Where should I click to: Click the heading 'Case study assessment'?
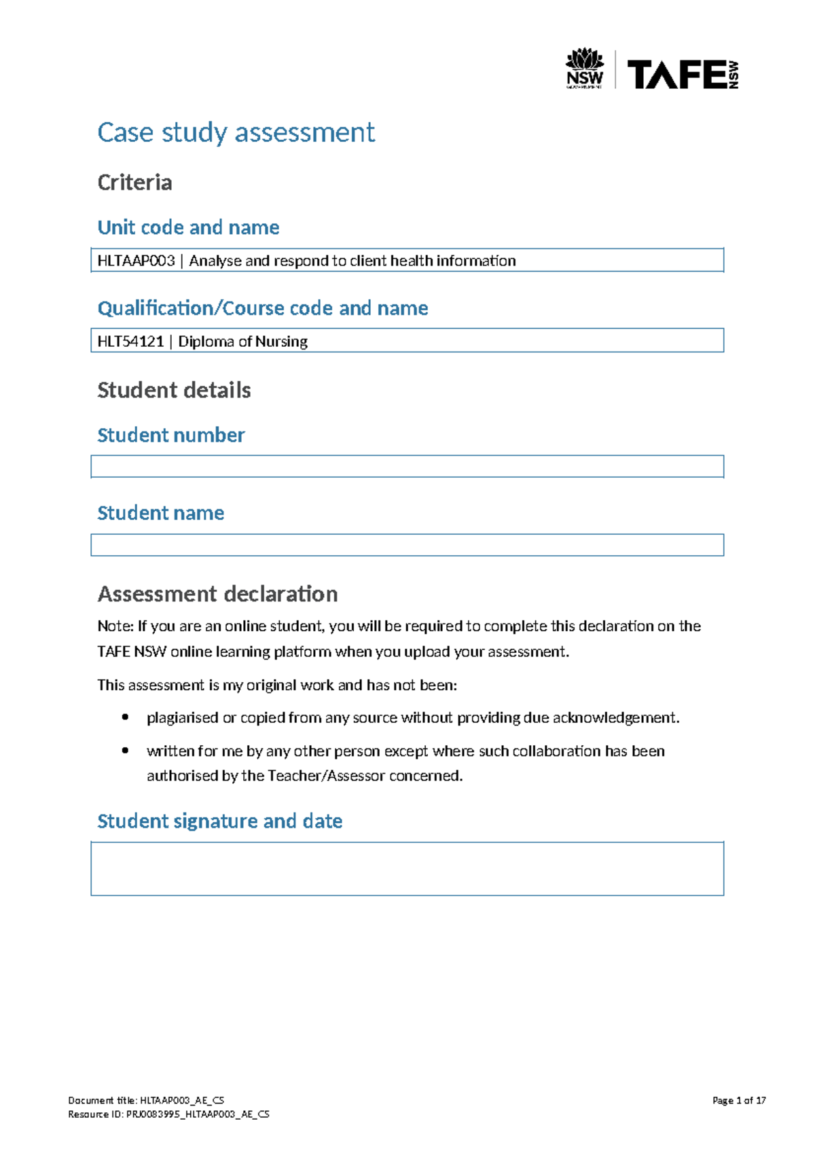coord(236,132)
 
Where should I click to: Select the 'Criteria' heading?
coord(134,183)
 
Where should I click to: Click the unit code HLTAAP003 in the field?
coord(136,261)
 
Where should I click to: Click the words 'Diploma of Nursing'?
coord(242,341)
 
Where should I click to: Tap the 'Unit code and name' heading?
coord(188,227)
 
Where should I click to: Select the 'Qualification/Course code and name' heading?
coord(262,308)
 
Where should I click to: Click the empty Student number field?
coord(407,466)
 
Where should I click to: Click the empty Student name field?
coord(407,545)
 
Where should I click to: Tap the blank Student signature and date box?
coord(407,869)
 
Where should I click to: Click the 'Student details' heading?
coord(174,390)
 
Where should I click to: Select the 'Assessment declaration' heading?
coord(217,594)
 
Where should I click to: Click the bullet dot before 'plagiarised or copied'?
coord(125,717)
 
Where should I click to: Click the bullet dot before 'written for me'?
coord(125,750)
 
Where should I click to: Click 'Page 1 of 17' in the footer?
coord(739,1100)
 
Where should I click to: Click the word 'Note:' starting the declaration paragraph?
coord(115,626)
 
